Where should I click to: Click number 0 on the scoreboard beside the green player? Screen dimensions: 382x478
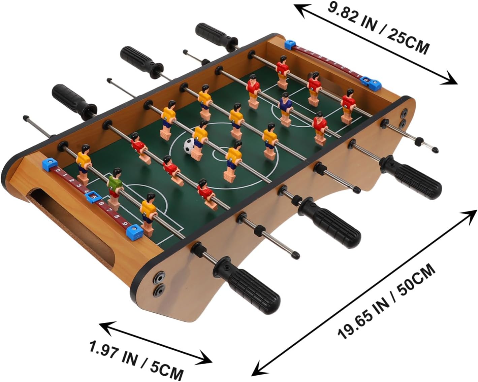click(59, 171)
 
